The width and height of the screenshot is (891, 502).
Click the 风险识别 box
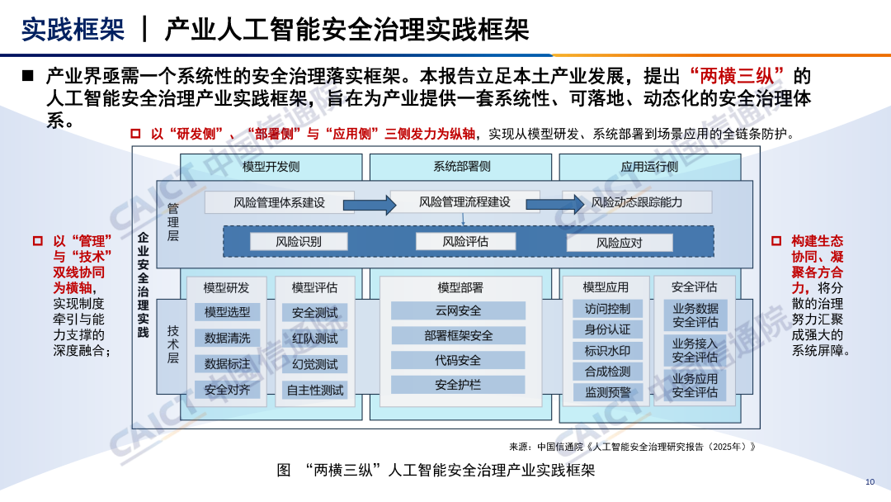298,242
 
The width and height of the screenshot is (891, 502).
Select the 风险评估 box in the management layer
465,242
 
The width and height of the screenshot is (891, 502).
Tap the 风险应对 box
620,243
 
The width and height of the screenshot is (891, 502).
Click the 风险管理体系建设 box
279,202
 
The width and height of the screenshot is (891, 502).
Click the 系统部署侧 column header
461,166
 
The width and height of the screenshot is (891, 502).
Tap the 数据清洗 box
227,338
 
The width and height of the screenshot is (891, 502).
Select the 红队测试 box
314,339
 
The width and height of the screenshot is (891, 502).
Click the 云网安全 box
458,311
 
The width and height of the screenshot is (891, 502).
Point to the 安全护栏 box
458,385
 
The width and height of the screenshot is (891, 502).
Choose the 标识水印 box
607,351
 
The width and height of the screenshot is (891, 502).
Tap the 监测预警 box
607,392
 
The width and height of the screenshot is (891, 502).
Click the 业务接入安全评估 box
695,351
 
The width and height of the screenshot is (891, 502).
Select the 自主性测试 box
314,390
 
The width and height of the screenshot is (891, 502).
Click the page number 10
870,482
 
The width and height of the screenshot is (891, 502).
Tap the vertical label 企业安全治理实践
143,286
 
